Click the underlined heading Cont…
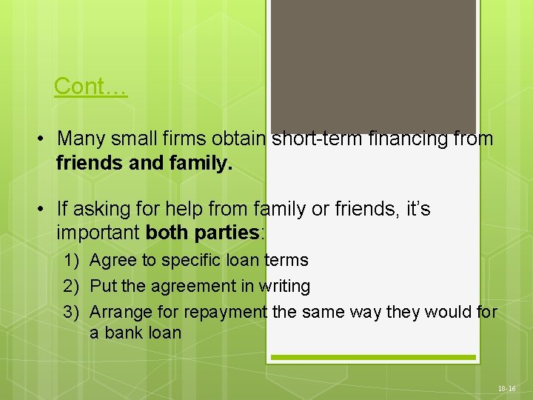pos(90,86)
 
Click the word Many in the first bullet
pos(78,139)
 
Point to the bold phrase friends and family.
pos(144,162)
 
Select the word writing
pos(284,286)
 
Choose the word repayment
pos(225,312)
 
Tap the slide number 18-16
pos(507,388)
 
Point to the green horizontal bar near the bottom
pos(372,357)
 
